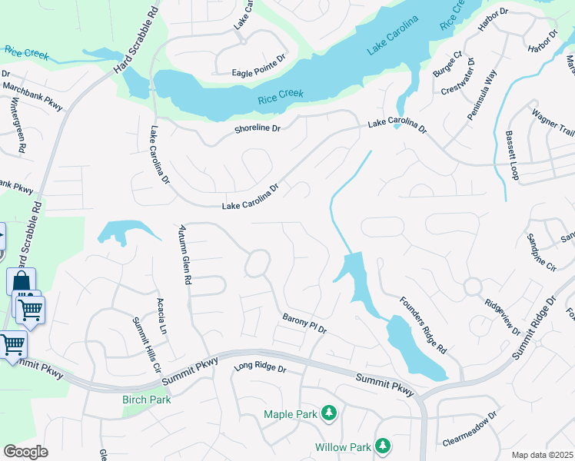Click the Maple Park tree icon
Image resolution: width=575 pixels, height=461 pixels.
[329, 414]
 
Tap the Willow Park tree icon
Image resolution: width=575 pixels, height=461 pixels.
[382, 446]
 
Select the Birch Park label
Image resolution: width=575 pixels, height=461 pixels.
[146, 400]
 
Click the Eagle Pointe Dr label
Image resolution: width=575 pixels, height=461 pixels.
[258, 73]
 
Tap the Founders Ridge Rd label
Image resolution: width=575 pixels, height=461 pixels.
[422, 324]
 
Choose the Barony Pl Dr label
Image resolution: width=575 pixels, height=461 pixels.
[304, 323]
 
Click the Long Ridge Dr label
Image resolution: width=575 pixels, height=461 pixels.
[260, 370]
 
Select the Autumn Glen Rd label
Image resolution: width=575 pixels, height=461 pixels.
[184, 254]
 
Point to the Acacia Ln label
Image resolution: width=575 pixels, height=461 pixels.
[161, 316]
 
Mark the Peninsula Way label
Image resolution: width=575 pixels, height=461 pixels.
[483, 95]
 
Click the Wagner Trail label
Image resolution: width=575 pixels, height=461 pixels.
[553, 124]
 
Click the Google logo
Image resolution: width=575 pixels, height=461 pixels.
[26, 452]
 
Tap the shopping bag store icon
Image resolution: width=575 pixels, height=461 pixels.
[21, 280]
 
